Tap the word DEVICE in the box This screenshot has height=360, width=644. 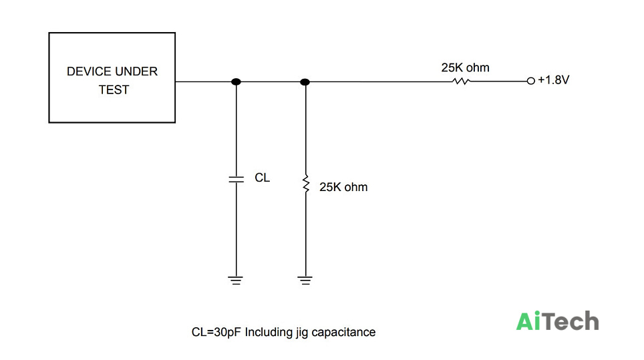tap(86, 71)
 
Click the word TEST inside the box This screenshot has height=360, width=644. tap(114, 90)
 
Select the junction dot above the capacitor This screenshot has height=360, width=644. tap(236, 81)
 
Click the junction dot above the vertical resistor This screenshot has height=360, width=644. tap(305, 82)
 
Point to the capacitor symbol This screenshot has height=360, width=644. tap(236, 180)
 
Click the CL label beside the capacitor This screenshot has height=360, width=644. tap(263, 178)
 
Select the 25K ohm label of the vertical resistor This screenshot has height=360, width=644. tap(343, 187)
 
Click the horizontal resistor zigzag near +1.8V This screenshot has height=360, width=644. tap(461, 81)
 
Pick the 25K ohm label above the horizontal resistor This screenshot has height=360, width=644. tap(466, 67)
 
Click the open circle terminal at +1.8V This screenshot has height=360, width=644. tap(531, 81)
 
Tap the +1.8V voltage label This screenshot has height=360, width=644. tap(554, 79)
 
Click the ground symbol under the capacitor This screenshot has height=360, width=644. tap(235, 281)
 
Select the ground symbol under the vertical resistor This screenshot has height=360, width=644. tap(305, 281)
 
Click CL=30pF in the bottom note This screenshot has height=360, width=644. tap(216, 332)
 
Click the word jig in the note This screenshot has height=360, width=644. tap(301, 333)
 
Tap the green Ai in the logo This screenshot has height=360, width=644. tap(528, 321)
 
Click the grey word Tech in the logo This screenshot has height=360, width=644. tap(570, 321)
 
